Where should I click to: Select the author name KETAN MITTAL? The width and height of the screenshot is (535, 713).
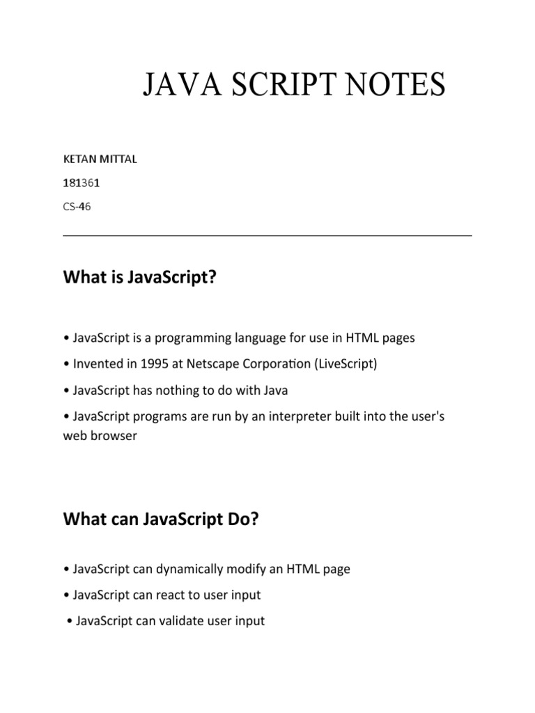click(x=100, y=159)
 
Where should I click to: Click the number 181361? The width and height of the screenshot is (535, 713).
click(x=77, y=183)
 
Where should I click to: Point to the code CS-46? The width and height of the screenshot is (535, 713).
click(x=77, y=207)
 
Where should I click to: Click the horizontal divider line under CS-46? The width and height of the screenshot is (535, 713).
click(x=267, y=235)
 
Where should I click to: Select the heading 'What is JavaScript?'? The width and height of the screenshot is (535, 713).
click(x=140, y=279)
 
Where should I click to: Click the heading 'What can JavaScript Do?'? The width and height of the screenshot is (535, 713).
click(x=160, y=519)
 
